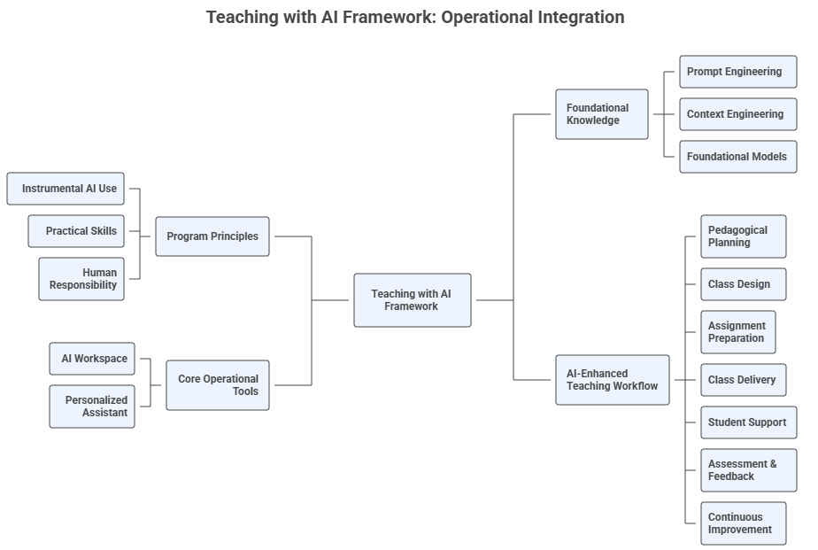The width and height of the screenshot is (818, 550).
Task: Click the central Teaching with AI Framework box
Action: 412,300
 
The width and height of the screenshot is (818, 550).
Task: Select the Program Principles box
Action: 212,236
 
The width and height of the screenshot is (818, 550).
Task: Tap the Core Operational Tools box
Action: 218,385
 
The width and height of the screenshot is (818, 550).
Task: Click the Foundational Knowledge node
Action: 602,114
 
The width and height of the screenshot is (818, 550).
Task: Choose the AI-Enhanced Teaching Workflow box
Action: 613,380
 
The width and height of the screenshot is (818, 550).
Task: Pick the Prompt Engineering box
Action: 737,72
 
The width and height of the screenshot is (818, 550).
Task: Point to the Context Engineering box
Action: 737,114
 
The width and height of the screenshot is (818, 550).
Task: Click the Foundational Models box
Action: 737,157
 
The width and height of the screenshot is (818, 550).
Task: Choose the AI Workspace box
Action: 92,359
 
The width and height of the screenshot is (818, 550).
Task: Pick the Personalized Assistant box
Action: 92,407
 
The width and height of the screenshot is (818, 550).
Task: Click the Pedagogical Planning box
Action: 743,236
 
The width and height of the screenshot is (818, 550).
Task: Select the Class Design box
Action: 743,284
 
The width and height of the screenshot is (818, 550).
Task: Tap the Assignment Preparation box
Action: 737,332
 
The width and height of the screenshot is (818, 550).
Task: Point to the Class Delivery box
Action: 743,380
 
